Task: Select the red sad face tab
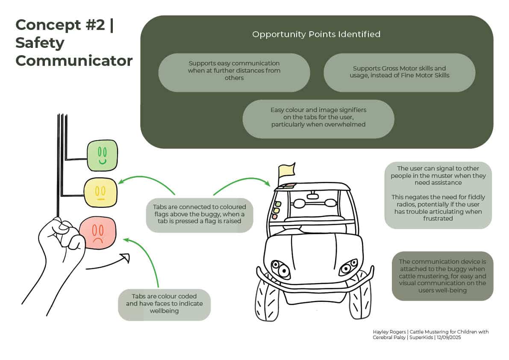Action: point(98,233)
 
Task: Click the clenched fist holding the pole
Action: point(62,237)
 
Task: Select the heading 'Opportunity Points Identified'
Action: point(316,34)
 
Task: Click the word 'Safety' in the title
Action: point(40,43)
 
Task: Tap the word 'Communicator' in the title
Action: point(74,61)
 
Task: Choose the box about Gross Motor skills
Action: point(399,72)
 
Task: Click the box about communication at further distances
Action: point(234,71)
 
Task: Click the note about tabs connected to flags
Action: point(199,214)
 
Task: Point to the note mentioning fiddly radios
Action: point(438,195)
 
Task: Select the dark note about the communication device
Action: point(442,276)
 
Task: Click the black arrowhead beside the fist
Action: point(125,257)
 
